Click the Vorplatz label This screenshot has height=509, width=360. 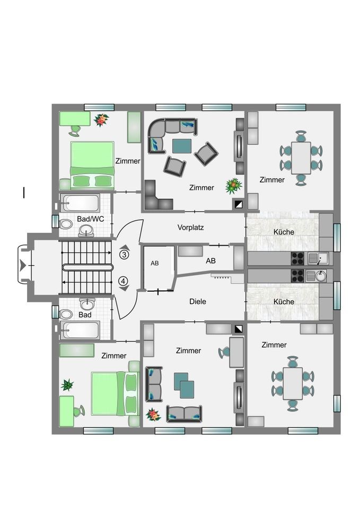click(x=190, y=227)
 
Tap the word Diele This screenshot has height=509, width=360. click(x=198, y=302)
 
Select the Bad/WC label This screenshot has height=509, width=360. click(x=91, y=219)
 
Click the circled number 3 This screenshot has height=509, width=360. click(x=124, y=254)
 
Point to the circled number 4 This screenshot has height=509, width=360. click(x=124, y=281)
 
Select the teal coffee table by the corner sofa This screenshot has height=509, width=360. click(x=182, y=146)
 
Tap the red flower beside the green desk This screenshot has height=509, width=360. click(x=101, y=120)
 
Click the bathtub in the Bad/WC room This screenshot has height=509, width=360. click(x=80, y=204)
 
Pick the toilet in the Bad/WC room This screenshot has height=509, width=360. click(x=66, y=224)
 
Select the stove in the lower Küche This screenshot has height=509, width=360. click(x=297, y=276)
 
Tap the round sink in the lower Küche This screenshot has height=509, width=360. click(x=320, y=276)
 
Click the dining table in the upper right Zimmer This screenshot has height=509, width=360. click(x=301, y=158)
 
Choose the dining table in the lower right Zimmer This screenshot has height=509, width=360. click(x=293, y=383)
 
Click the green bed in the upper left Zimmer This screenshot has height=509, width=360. click(x=92, y=165)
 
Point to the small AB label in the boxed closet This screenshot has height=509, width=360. click(x=155, y=264)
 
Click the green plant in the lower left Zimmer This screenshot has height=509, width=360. click(x=67, y=385)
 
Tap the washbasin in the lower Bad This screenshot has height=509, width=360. click(x=87, y=304)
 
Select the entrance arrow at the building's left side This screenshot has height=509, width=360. click(x=22, y=265)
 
